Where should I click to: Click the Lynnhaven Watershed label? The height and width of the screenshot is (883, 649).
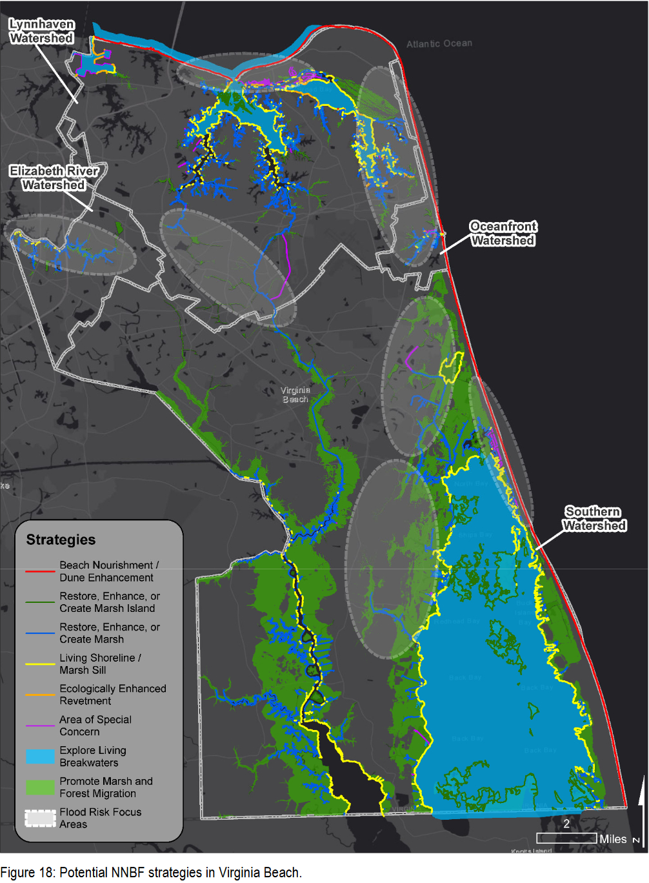click(41, 31)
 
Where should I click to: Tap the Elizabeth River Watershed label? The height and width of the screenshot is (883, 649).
click(54, 178)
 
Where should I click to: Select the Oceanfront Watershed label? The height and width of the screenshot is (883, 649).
click(503, 233)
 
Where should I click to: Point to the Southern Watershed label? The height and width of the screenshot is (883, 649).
click(594, 518)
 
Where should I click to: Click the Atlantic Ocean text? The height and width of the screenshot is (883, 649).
click(439, 43)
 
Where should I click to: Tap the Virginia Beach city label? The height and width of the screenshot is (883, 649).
click(295, 394)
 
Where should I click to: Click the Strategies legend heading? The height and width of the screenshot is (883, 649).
click(61, 540)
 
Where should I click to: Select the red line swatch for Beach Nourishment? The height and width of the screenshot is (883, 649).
click(40, 571)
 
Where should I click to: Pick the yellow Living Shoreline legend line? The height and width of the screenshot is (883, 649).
click(40, 664)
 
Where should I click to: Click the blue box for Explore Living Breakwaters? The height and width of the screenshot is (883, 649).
click(40, 756)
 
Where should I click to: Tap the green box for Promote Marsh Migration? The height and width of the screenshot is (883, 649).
click(40, 787)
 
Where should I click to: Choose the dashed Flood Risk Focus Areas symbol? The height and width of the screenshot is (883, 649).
click(40, 818)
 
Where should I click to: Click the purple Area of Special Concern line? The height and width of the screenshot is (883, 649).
click(40, 726)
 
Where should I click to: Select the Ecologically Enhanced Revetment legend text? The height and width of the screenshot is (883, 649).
click(112, 695)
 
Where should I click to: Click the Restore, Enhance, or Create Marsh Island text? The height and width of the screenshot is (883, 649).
click(110, 602)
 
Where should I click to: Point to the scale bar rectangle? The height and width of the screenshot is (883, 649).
click(566, 838)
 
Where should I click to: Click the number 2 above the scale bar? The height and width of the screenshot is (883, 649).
click(566, 824)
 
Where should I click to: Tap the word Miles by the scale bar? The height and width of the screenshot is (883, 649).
click(612, 838)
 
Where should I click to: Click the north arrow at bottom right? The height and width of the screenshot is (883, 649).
click(640, 807)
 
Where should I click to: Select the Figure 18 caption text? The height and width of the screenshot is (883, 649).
click(151, 872)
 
